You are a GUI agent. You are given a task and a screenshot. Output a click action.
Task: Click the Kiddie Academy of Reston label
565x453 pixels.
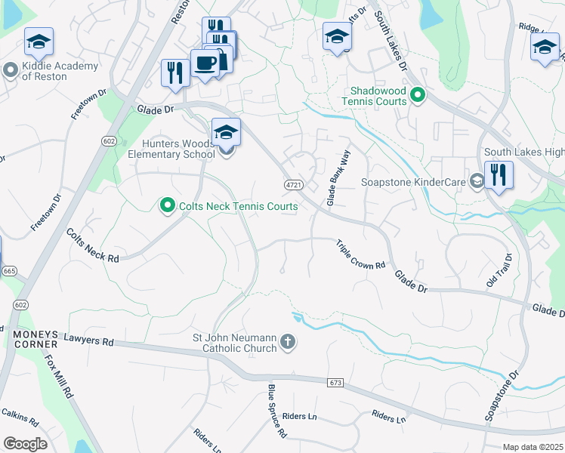pos(51,71)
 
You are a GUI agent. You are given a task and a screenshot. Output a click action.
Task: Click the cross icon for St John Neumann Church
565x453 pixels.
pos(286,343)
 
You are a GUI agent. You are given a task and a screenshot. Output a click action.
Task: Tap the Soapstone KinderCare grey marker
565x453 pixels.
pos(477,181)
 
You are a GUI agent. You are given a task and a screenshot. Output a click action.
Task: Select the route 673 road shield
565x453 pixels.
pos(336,383)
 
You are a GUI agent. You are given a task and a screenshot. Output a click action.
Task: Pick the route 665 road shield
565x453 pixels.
pos(9,270)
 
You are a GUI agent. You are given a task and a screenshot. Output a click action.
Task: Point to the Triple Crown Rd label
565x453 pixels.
pos(361,254)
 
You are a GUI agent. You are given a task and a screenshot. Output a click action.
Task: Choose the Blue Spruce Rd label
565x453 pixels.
pos(276,411)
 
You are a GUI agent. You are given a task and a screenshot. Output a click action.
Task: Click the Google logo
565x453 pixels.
pos(26,444)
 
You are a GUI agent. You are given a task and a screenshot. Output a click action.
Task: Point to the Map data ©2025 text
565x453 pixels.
pos(533,447)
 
